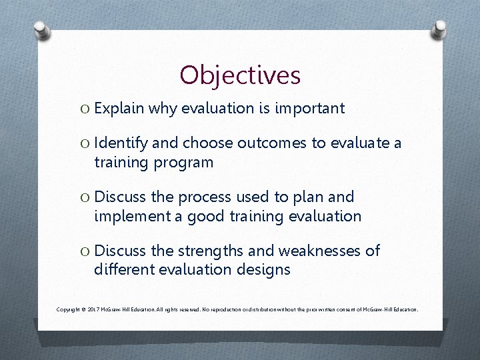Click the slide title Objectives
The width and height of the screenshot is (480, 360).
[240, 75]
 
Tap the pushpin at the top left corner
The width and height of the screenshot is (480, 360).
[41, 30]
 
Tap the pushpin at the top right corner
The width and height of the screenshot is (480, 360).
[440, 29]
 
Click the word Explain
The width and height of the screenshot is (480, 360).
[120, 108]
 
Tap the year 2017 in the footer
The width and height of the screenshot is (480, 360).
[93, 310]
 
